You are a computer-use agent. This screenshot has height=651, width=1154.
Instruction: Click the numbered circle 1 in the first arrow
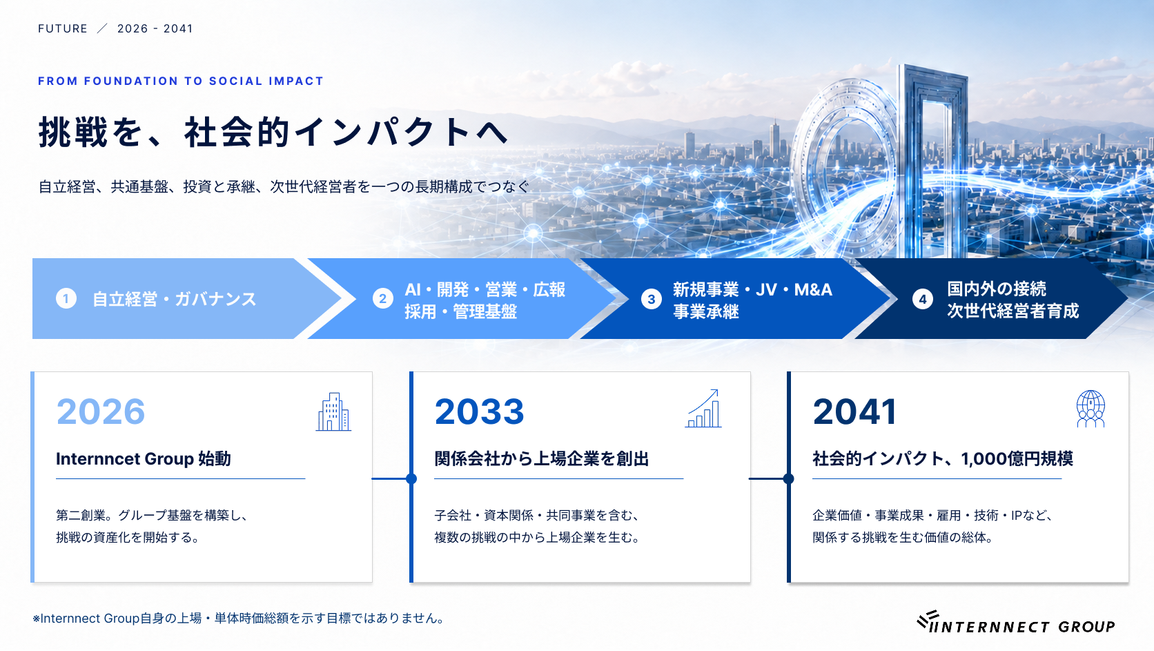click(66, 298)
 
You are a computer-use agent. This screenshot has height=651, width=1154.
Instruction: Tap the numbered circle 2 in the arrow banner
click(383, 299)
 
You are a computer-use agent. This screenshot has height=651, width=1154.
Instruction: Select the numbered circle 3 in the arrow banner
click(651, 299)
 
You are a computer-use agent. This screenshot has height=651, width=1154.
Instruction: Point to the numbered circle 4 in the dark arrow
click(923, 299)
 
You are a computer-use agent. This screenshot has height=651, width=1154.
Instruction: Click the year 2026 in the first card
click(101, 411)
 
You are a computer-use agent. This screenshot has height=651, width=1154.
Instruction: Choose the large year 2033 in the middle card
click(479, 411)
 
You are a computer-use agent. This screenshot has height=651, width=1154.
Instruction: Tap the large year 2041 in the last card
click(855, 411)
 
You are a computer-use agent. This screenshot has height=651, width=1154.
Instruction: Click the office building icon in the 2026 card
click(334, 411)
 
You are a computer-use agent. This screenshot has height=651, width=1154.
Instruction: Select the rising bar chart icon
click(704, 408)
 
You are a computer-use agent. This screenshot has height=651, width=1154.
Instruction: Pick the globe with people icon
click(1091, 409)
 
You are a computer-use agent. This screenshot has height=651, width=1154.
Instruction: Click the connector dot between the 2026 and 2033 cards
click(411, 479)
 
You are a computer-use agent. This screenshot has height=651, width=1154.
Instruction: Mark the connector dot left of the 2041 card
click(788, 479)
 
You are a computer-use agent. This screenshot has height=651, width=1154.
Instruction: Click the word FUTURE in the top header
click(63, 29)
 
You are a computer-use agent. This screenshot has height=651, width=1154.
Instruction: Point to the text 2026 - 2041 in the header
click(155, 29)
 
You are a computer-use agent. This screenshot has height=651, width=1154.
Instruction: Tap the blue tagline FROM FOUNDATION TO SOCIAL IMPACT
click(181, 81)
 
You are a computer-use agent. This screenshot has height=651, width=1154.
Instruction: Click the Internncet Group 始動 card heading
click(144, 458)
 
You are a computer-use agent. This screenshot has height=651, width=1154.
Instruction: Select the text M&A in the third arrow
click(813, 290)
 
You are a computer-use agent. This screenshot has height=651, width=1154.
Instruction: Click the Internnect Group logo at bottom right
click(1016, 622)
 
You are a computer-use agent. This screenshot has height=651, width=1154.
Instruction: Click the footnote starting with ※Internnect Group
click(239, 618)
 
